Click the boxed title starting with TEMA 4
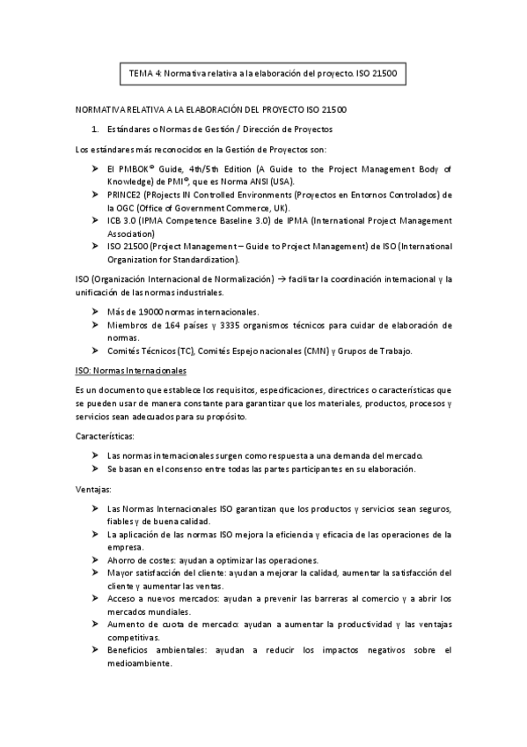tap(263, 74)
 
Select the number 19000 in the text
tap(144, 312)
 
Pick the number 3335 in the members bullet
tap(242, 325)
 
